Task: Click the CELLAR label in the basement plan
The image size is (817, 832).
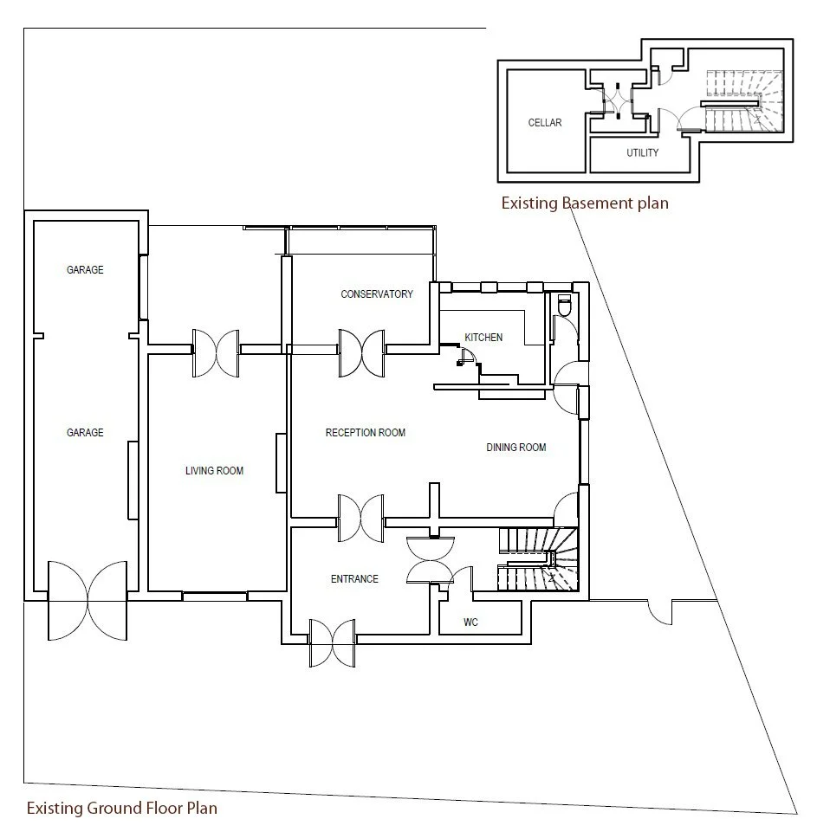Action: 545,123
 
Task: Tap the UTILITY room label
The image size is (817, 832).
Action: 643,153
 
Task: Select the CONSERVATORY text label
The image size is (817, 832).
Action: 377,294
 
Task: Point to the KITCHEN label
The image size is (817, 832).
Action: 483,338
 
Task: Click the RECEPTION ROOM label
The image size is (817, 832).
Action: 365,433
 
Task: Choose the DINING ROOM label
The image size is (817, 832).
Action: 515,448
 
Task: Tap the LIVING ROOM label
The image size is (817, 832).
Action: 214,471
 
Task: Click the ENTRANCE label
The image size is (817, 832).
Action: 354,579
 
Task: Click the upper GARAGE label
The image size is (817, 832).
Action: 85,270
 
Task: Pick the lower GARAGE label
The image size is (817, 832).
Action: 85,433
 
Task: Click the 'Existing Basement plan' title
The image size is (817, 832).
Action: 585,203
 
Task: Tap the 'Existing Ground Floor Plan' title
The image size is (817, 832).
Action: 121,809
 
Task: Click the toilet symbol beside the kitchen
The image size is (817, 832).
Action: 565,306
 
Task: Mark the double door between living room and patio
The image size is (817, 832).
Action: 215,352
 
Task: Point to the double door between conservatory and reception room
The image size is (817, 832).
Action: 361,352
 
